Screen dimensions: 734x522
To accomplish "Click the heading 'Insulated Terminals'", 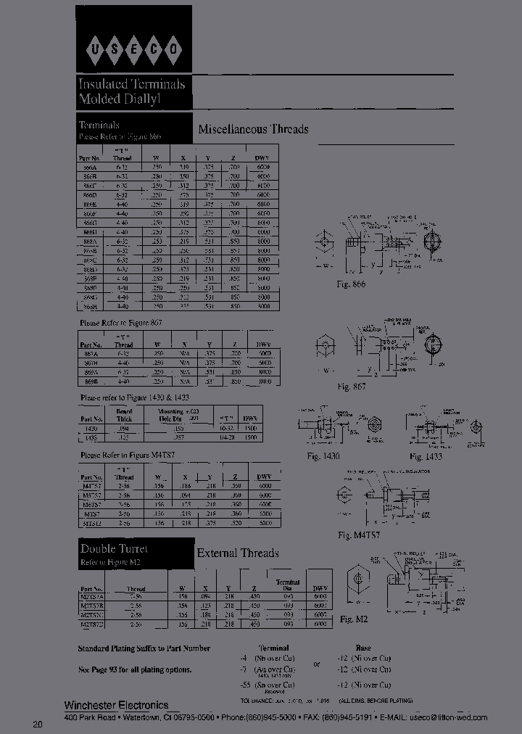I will (x=131, y=84).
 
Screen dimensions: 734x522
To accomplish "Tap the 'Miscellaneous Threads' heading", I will (x=253, y=129).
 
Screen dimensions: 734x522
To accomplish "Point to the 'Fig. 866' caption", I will (x=351, y=284).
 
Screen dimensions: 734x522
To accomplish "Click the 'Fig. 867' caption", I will (x=351, y=387).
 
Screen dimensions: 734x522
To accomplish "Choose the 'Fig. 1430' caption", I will (x=323, y=456).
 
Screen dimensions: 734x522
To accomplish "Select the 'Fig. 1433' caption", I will (x=426, y=456).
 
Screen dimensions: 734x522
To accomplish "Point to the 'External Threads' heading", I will (x=238, y=553).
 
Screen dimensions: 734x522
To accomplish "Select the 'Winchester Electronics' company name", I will (x=116, y=705).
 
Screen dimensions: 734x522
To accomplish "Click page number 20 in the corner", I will (x=37, y=725).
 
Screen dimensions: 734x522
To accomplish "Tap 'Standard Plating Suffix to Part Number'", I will (x=144, y=648).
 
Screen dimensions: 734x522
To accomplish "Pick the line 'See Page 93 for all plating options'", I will (x=135, y=669).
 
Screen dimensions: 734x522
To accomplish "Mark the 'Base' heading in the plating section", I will (x=363, y=648).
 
